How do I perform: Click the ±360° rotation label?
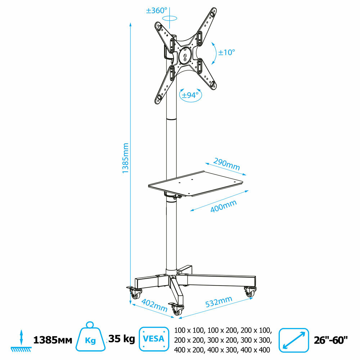click(157, 10)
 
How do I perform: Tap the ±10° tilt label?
click(226, 52)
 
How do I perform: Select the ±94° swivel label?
click(190, 95)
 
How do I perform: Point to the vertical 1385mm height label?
click(125, 158)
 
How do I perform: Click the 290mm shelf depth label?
click(226, 164)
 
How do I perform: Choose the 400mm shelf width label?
click(224, 206)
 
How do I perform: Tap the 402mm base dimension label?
click(154, 305)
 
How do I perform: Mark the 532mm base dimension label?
click(219, 302)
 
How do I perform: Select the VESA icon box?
click(154, 339)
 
